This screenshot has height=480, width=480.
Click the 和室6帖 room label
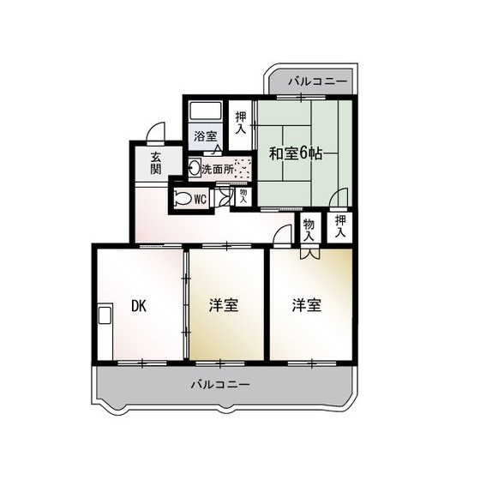296,153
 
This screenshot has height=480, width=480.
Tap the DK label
139,305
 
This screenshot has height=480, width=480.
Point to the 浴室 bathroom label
205,136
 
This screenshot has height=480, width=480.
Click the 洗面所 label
218,170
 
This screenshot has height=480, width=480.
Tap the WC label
201,200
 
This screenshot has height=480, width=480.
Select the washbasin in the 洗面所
195,167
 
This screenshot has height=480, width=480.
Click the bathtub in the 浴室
206,111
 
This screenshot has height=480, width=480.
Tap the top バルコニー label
318,81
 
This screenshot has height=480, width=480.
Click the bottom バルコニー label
220,384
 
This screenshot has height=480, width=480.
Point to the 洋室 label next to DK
224,305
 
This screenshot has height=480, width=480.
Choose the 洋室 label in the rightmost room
307,305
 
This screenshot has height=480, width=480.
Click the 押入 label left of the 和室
241,123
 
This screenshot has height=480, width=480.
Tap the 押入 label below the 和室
340,226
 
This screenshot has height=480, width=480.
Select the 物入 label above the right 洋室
309,230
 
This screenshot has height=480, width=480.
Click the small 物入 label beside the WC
243,196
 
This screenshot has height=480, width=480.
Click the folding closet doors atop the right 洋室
309,254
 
